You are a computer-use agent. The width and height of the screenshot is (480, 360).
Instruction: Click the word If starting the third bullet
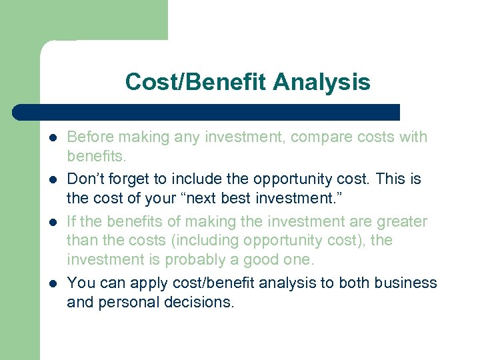coord(72,221)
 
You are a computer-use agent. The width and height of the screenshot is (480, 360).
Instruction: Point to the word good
coord(267,259)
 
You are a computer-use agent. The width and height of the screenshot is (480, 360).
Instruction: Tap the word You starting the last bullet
coord(81,283)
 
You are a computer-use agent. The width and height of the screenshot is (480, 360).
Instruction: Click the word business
coord(406,283)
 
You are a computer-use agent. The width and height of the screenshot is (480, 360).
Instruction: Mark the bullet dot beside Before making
coord(51,138)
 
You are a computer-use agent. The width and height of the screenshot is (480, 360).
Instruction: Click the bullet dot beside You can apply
coord(51,283)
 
